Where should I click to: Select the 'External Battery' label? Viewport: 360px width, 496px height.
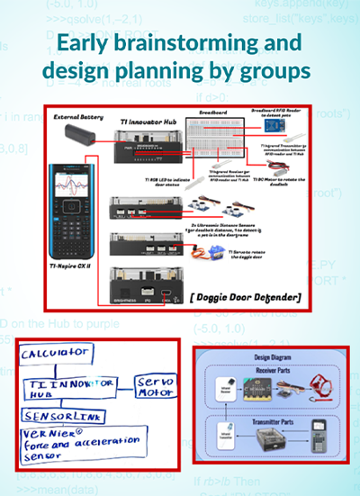click(x=77, y=116)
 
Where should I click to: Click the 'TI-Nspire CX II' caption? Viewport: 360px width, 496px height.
click(x=69, y=267)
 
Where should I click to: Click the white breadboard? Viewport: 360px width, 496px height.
click(x=215, y=135)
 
